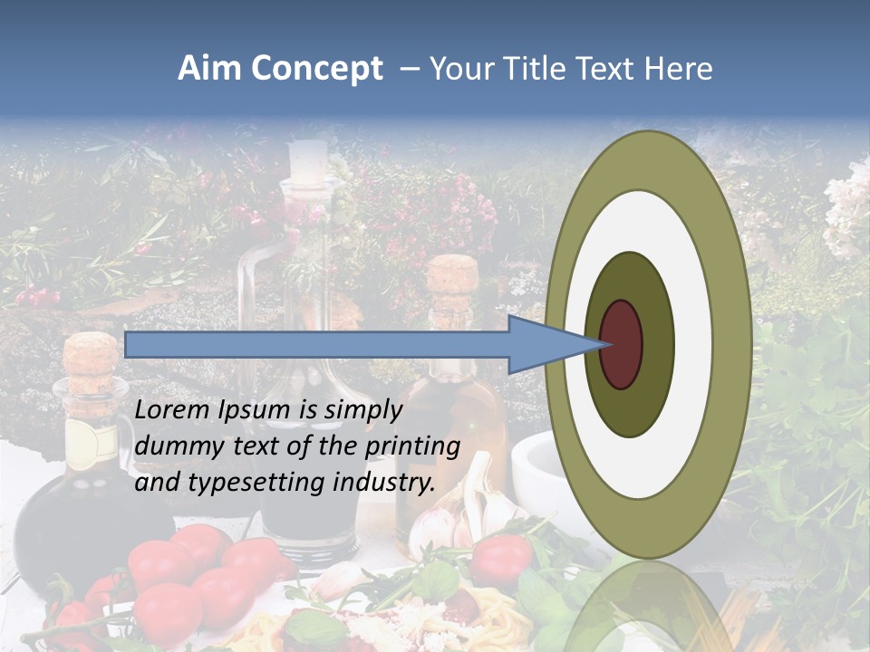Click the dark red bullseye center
tap(621, 344)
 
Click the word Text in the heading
tap(607, 69)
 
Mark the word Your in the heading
tap(459, 69)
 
